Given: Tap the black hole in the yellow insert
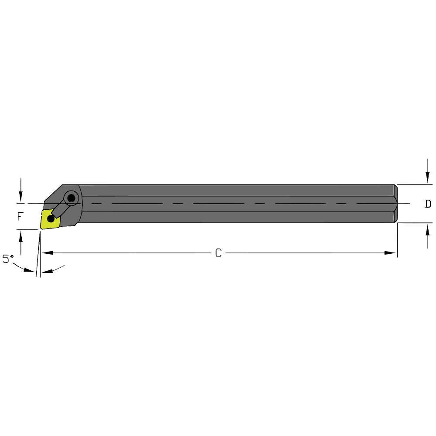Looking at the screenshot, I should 51,219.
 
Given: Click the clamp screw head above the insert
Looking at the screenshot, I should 71,198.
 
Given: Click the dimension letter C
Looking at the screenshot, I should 218,253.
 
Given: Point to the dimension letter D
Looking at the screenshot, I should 428,204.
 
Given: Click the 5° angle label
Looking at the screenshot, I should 7,259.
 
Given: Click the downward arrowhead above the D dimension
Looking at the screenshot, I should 427,178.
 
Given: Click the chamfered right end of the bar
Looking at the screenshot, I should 396,204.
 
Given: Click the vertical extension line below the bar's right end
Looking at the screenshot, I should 397,240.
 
